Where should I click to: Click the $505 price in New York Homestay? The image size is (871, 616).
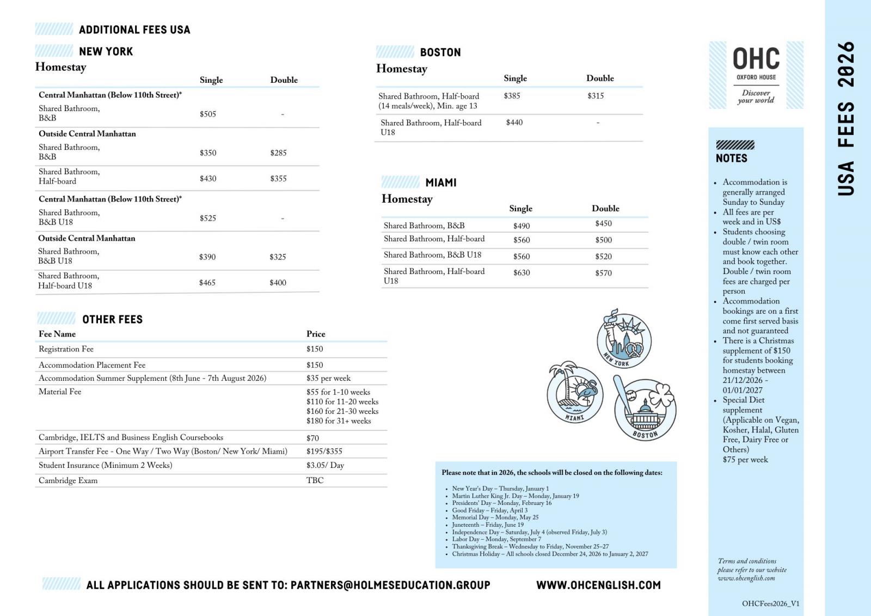point(207,114)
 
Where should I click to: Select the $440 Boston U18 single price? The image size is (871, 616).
point(514,123)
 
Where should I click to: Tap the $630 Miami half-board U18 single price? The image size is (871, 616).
point(521,273)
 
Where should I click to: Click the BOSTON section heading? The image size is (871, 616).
point(440,52)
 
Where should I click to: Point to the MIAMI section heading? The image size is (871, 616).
point(440,182)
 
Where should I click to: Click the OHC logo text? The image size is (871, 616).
point(756,59)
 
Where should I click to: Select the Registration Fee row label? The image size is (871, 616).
point(66,349)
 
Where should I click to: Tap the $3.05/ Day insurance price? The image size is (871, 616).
point(325,465)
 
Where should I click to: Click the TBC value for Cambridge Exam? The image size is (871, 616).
point(315,480)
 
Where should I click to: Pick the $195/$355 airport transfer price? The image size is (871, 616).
point(324,451)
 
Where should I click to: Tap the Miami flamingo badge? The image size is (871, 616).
point(575,392)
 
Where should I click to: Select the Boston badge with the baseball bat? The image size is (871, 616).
point(645,408)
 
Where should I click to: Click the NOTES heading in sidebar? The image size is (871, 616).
point(731,158)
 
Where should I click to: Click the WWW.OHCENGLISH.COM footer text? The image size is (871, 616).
point(598,585)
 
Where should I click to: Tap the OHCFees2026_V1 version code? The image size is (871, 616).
point(770,603)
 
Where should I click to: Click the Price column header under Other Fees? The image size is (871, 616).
point(316,334)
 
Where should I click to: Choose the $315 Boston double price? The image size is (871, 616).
point(595,96)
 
